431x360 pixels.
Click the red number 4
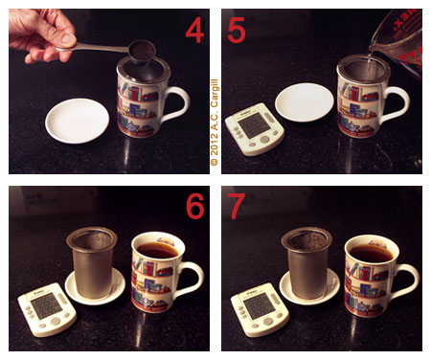(194, 31)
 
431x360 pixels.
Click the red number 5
(237, 31)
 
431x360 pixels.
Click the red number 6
(194, 206)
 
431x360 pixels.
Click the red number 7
(237, 206)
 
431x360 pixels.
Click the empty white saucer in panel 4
(77, 120)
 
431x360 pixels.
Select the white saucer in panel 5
(304, 101)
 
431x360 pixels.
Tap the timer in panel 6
(44, 308)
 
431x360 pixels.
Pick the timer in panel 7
(257, 308)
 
